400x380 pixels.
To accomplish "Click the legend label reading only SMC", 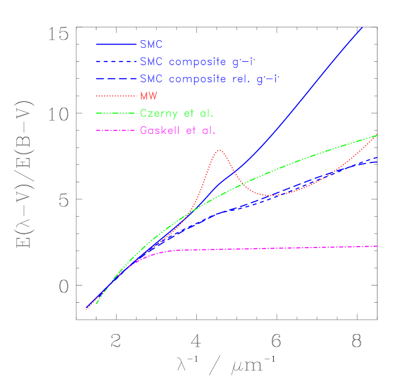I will click(x=151, y=44).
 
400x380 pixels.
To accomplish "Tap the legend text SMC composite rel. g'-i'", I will click(x=209, y=79).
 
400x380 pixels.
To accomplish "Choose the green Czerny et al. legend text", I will click(x=177, y=113).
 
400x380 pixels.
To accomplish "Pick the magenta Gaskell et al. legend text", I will click(x=178, y=130).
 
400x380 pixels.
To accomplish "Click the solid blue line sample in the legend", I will click(x=116, y=44).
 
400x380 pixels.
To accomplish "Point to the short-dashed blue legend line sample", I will click(x=116, y=62).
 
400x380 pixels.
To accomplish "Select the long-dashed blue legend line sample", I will click(x=116, y=79).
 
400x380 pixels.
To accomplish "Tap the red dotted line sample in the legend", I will click(x=116, y=96).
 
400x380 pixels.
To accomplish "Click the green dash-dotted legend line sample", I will click(x=116, y=113).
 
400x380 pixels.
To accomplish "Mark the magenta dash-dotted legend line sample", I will click(x=116, y=130).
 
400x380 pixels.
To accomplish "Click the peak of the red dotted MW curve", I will click(x=220, y=150).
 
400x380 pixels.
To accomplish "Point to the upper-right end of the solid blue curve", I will click(x=362, y=28).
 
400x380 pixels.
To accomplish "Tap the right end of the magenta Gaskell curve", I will click(x=377, y=246).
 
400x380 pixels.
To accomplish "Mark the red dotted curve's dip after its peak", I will click(x=267, y=195).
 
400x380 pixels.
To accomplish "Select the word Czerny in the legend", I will click(x=157, y=114).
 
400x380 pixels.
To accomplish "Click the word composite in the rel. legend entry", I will click(x=198, y=79).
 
